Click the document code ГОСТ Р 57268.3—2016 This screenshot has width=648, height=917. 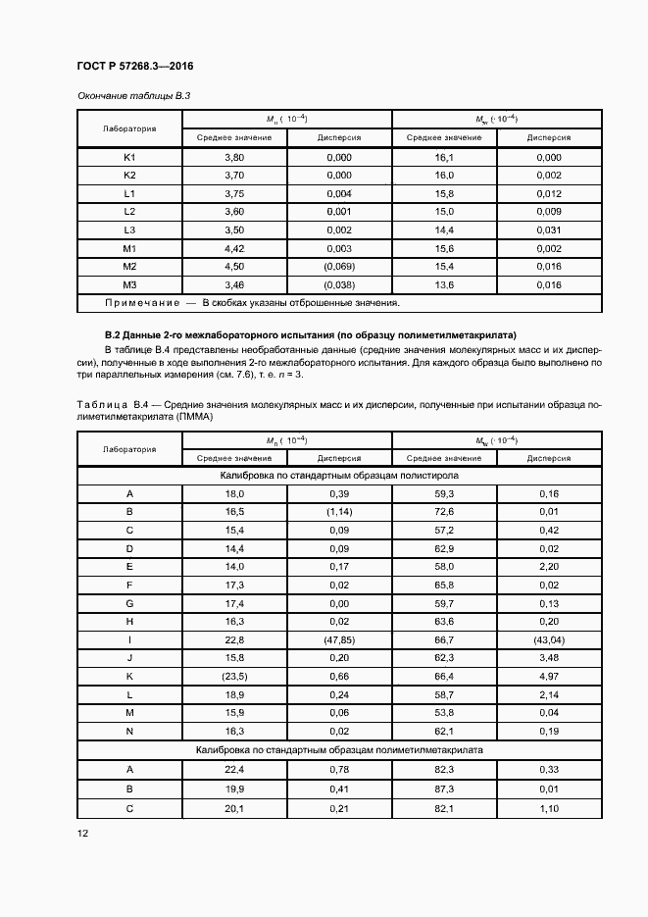134,67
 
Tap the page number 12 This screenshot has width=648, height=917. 82,834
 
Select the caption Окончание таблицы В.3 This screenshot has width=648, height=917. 132,96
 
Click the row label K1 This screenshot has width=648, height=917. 129,157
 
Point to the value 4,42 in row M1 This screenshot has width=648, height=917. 234,249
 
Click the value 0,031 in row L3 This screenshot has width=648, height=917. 549,230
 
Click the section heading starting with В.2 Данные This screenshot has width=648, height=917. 310,334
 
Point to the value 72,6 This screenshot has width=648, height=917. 444,512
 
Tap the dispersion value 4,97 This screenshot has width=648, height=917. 549,676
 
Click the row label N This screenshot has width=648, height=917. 129,731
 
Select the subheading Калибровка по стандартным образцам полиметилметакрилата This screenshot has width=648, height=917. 339,749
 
